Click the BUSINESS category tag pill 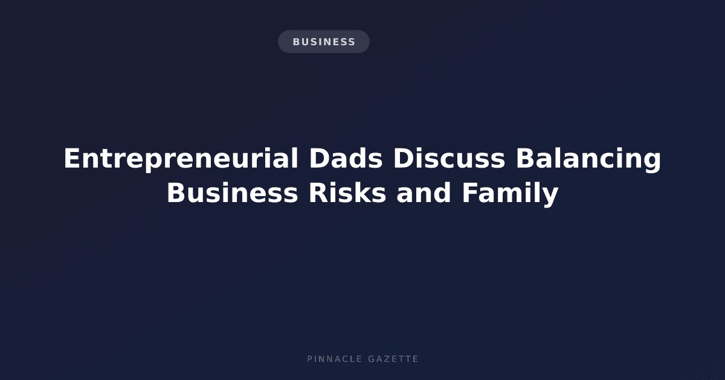click(x=324, y=42)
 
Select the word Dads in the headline click(x=346, y=158)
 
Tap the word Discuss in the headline click(x=449, y=158)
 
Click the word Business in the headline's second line click(x=232, y=193)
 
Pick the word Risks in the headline click(x=347, y=193)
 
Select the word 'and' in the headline click(x=424, y=193)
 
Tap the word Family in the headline click(x=510, y=194)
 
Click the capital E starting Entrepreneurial click(x=72, y=158)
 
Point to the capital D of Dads click(x=319, y=158)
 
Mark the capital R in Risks click(x=319, y=193)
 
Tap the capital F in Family click(x=470, y=193)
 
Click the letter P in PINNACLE click(x=310, y=359)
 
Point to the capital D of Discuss click(x=403, y=158)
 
